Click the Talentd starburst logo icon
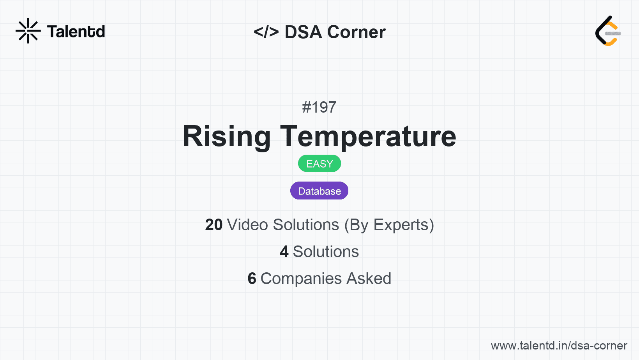28,31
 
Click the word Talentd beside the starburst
76,32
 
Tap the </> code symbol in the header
266,32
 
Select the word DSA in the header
303,32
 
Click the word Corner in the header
356,32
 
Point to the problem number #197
319,107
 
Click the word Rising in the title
226,136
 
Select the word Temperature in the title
368,136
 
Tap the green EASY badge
319,164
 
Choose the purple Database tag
319,191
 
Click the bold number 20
214,225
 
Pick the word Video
248,225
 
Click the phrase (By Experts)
389,225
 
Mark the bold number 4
284,252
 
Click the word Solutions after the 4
326,252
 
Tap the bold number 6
252,279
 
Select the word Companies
301,279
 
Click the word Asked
369,279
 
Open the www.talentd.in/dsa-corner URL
559,346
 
